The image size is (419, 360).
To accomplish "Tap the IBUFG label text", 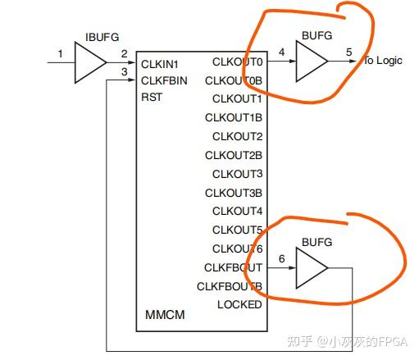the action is coord(102,37).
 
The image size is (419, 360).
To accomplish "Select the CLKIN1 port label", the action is coord(160,65).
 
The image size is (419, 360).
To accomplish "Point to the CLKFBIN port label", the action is coord(164,81).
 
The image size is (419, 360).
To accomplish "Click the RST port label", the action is coord(152,97).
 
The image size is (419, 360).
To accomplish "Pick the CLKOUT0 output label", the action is coord(238,62).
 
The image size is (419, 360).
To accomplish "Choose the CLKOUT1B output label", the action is coord(234,118).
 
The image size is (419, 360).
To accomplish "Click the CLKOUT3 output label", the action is coord(238,174).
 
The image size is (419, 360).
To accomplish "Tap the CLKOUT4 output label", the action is coord(238,211).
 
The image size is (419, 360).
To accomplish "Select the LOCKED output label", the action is coord(239,304).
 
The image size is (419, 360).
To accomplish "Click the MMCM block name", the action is coord(165,315).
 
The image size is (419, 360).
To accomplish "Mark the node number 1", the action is coord(61,53).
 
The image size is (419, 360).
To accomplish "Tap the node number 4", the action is coord(282,52).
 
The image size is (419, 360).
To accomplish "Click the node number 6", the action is coord(282,258).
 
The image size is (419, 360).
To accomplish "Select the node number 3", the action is coord(125,71).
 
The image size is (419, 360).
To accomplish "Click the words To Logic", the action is coord(383,61).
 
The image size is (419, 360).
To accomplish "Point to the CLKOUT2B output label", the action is coord(234,155).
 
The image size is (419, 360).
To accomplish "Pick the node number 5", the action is coord(349,52).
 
